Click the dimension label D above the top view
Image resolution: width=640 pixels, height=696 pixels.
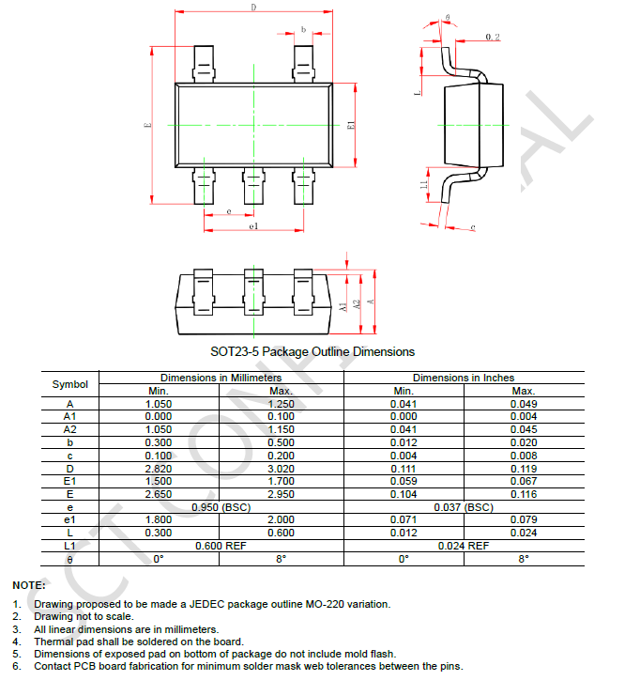253,8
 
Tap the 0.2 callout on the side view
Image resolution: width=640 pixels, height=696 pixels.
493,37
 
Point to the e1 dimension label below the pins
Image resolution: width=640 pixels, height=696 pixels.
253,227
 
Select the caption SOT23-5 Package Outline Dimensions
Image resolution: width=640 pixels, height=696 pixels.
312,351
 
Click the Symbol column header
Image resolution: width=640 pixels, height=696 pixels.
70,384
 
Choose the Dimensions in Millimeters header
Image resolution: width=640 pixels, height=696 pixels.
221,378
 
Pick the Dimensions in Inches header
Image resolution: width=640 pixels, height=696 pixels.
464,378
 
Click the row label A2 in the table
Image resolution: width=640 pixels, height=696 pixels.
70,429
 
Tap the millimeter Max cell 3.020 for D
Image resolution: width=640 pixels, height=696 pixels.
282,468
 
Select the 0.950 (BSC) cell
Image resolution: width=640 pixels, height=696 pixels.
221,507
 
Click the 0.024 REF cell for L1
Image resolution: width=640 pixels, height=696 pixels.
464,546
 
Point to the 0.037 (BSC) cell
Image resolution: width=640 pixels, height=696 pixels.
464,507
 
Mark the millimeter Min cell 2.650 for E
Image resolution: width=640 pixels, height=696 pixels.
159,494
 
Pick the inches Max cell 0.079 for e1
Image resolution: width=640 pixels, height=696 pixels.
524,519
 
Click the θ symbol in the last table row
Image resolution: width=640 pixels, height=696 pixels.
70,559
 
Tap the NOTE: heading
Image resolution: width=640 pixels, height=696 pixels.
28,585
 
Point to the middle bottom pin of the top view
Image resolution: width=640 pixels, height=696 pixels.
253,185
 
